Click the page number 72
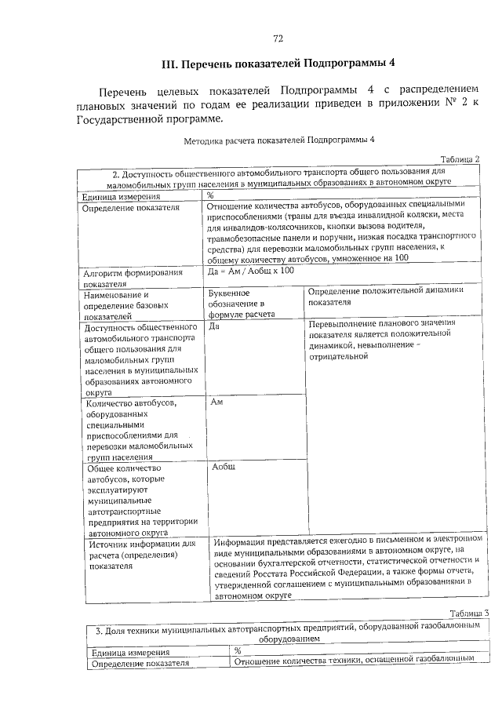(278, 39)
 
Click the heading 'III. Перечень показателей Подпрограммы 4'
(278, 64)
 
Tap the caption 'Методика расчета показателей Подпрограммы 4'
(280, 140)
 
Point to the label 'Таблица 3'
(470, 614)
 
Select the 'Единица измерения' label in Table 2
(122, 197)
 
